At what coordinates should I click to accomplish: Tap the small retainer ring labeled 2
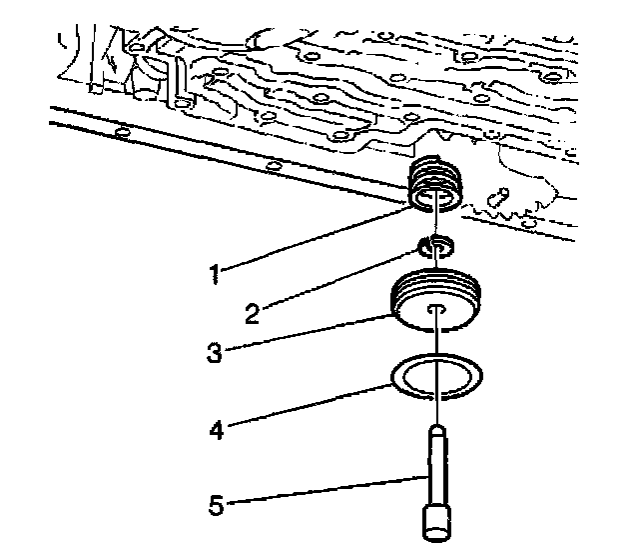(436, 246)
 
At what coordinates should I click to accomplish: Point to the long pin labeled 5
(437, 470)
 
